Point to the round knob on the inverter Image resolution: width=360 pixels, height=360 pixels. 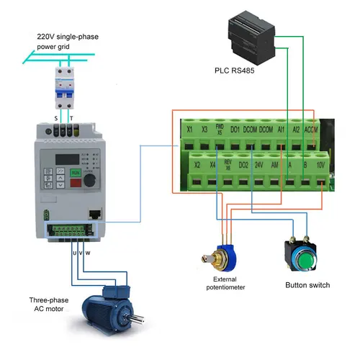tap(92, 177)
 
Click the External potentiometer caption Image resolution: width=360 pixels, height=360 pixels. tap(225, 282)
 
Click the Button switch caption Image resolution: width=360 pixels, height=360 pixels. tap(307, 286)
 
